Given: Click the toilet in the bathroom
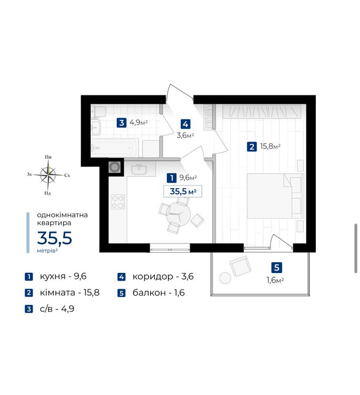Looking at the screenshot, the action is (x=98, y=111).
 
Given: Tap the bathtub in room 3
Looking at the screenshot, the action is (x=114, y=147).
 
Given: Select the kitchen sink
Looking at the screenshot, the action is (x=138, y=169).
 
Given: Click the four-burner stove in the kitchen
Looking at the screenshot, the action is (x=118, y=202).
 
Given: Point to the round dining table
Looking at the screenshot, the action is (x=179, y=214).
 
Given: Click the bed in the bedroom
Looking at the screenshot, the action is (x=275, y=196).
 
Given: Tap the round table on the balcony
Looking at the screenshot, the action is (x=225, y=278).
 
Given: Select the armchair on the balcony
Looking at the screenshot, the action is (x=240, y=265).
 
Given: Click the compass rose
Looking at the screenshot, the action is (x=48, y=175).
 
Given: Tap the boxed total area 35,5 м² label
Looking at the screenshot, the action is (x=183, y=192).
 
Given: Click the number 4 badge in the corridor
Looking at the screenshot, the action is (x=185, y=124).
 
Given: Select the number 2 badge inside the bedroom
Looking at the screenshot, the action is (x=252, y=147).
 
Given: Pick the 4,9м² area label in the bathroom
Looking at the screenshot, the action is (x=138, y=123).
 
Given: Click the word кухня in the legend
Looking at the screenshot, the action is (x=52, y=276).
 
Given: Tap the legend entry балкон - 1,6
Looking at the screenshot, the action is (x=158, y=292).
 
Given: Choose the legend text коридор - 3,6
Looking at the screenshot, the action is (x=163, y=276).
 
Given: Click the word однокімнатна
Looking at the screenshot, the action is (x=62, y=215).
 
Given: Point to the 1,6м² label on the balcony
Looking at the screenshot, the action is (x=275, y=280).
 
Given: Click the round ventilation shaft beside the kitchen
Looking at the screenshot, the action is (x=115, y=167).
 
